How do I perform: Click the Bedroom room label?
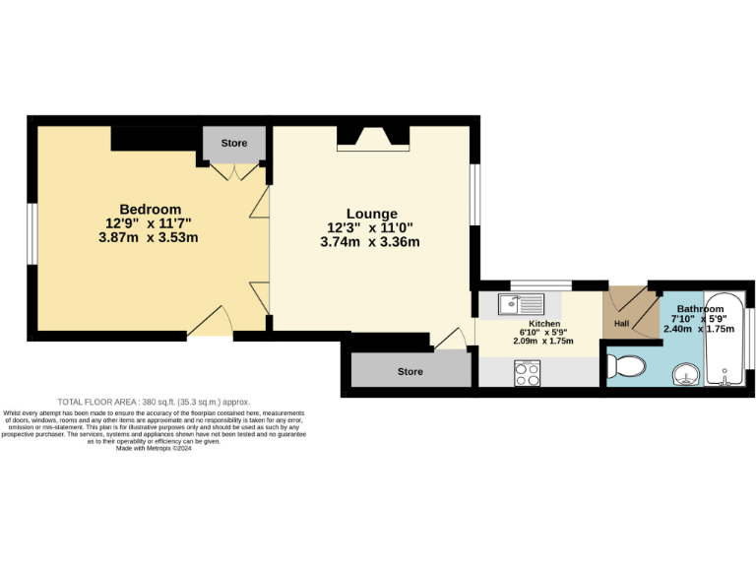coord(151,209)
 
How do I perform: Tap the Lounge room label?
coord(372,214)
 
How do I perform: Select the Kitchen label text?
coord(544,324)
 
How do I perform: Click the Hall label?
coord(621,323)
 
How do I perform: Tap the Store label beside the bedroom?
coord(234,144)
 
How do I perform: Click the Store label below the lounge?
coord(410,372)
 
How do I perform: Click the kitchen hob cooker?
coord(526,372)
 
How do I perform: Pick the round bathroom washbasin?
coord(685,373)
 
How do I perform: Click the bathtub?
coord(725,340)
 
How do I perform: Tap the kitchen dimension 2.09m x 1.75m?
coord(544,342)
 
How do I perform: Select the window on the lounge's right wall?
coord(472,194)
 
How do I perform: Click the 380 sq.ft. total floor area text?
coord(154,402)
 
